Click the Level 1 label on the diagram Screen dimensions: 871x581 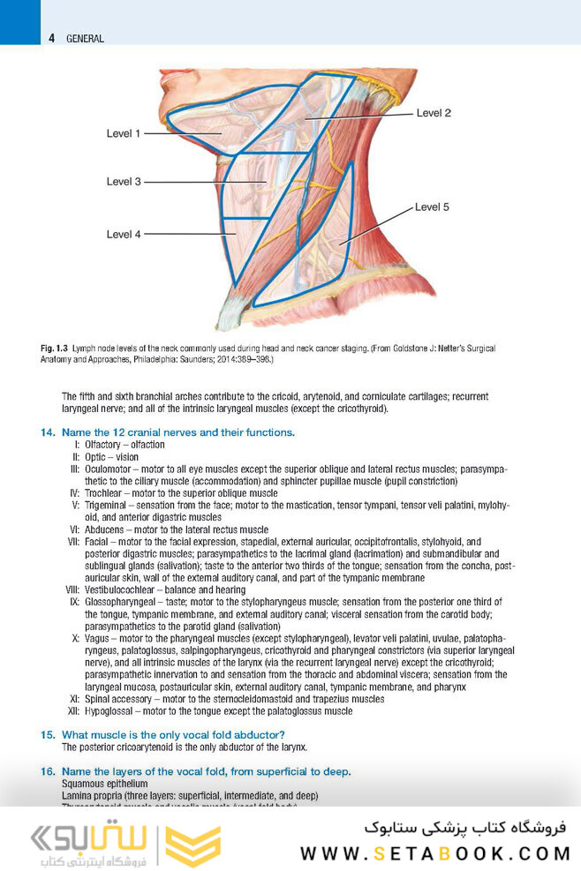124,133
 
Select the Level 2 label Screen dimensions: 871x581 434,113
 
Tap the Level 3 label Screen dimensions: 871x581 124,181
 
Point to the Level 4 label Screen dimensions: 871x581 124,234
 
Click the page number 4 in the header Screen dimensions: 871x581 52,39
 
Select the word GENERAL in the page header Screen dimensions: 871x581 85,39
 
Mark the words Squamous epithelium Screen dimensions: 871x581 104,784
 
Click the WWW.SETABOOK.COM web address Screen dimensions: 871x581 435,852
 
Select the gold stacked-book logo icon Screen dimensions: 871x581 193,846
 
